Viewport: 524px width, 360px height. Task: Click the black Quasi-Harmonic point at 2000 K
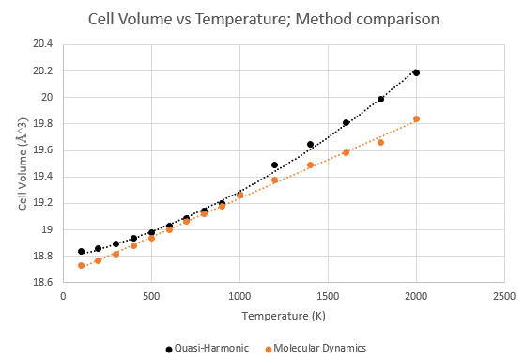[416, 72]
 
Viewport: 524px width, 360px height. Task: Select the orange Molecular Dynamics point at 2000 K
[416, 118]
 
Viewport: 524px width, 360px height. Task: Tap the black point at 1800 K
[380, 99]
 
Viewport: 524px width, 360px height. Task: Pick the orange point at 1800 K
[380, 142]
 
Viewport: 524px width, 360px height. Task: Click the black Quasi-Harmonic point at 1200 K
[275, 164]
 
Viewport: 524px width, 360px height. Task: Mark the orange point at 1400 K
[310, 164]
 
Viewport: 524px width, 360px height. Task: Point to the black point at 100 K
[81, 251]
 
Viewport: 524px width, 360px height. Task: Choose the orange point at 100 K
[81, 265]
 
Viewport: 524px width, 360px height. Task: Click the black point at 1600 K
[346, 123]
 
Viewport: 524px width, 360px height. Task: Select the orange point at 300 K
[116, 254]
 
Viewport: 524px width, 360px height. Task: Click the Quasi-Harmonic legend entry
[208, 349]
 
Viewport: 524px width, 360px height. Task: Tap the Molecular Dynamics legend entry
[316, 349]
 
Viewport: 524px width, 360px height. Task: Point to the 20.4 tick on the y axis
[43, 44]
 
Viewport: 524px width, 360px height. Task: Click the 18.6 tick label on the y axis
[43, 282]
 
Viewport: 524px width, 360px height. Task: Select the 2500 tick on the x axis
[504, 296]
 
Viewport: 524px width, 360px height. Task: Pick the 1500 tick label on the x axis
[328, 296]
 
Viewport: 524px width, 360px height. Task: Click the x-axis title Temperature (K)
[284, 316]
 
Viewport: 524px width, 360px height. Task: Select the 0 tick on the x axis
[63, 296]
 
